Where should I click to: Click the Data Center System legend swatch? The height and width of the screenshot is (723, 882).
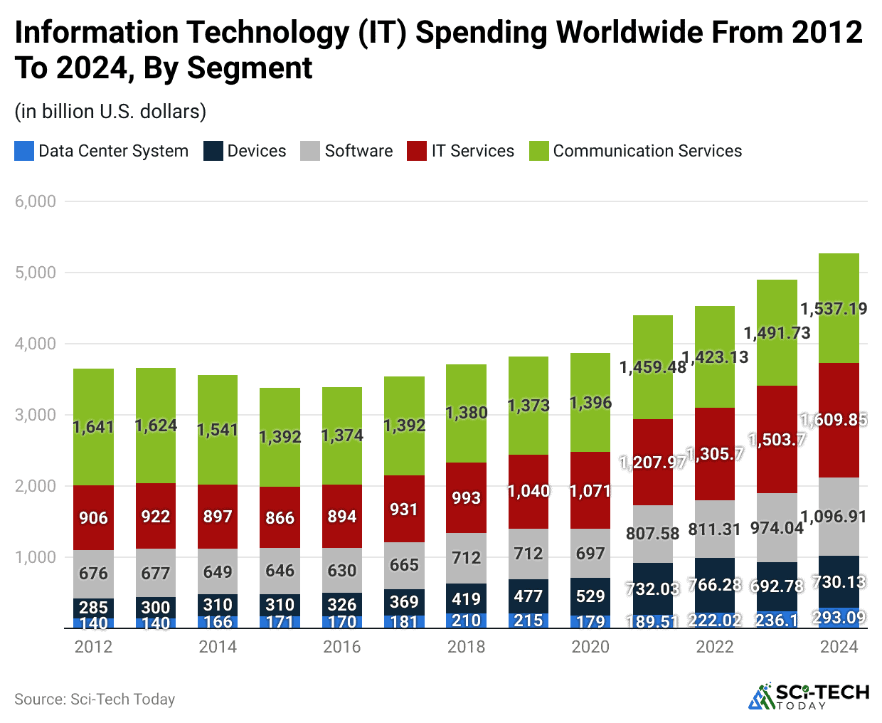tap(24, 151)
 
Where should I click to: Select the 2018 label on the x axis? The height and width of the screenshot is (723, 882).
tap(466, 646)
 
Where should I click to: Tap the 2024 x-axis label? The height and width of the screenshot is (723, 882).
tap(839, 646)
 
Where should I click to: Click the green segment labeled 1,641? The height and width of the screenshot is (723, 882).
tap(93, 427)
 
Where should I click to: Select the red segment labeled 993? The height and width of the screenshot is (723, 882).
tap(466, 497)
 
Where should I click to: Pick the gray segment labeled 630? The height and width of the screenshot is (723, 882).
tap(341, 570)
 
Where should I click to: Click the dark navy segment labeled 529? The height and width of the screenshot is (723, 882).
tap(590, 596)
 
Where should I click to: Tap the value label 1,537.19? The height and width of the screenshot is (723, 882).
tap(834, 309)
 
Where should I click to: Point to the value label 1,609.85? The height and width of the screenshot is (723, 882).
tap(834, 420)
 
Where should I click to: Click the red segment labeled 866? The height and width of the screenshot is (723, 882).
tap(280, 517)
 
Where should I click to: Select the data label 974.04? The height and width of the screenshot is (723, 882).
tap(777, 528)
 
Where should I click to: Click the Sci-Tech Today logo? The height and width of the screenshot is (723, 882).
tap(808, 696)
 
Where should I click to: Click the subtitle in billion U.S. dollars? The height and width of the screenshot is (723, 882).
tap(110, 112)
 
